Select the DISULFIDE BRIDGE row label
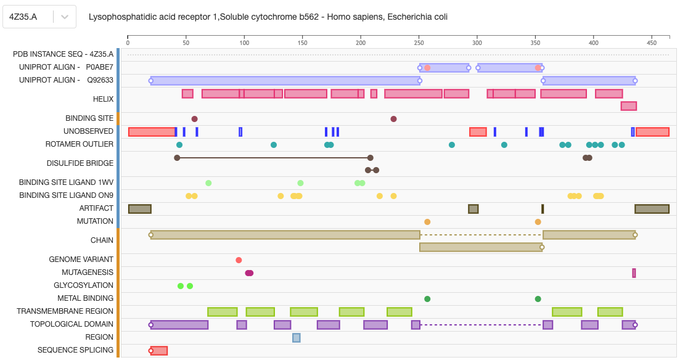(x=80, y=163)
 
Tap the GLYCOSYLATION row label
(x=83, y=285)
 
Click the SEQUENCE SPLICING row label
(x=75, y=350)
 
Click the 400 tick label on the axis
(x=593, y=43)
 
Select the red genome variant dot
(x=239, y=260)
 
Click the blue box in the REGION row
(x=297, y=337)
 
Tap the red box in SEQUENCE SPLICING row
(x=159, y=351)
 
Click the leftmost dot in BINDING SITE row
(x=195, y=119)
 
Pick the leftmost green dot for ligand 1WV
(x=208, y=183)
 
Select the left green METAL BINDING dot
(x=427, y=299)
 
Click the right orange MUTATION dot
(x=538, y=222)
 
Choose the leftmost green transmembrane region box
(x=223, y=312)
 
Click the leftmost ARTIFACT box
(x=140, y=209)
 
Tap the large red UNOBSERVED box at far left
(x=152, y=132)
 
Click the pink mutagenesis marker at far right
(x=634, y=273)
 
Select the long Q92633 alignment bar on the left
(x=285, y=81)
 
